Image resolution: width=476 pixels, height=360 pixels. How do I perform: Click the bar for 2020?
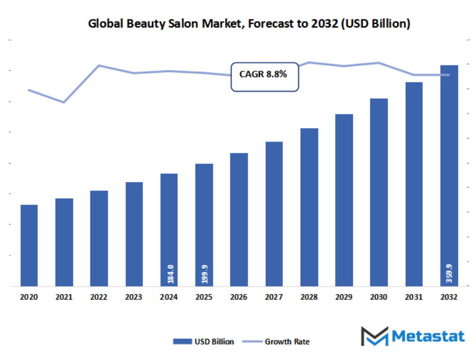(29, 245)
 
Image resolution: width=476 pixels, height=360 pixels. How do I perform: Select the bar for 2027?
(274, 214)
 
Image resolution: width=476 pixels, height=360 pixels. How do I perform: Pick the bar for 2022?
(99, 238)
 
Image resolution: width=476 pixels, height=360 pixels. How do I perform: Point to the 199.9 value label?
(204, 273)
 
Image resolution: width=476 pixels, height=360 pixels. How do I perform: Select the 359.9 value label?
(449, 273)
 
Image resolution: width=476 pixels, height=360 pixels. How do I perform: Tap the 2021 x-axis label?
(64, 298)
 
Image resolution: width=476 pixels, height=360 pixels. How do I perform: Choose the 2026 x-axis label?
(239, 298)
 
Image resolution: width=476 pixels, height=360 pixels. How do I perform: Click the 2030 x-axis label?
(379, 298)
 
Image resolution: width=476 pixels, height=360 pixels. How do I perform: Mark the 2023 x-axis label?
(134, 298)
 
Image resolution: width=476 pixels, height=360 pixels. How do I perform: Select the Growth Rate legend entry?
(280, 342)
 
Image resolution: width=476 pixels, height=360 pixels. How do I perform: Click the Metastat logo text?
(428, 336)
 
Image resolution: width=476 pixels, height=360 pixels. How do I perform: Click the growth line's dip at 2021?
(64, 102)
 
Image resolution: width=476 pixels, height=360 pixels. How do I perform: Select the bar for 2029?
(344, 200)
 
